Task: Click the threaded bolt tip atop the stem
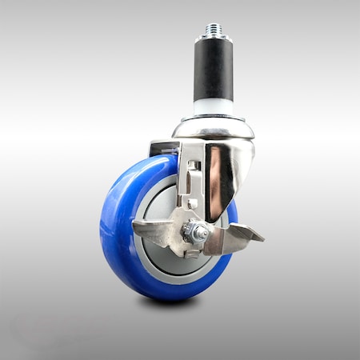[213, 30]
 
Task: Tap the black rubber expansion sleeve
[213, 72]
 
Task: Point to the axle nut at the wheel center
[196, 233]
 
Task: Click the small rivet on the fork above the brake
[192, 204]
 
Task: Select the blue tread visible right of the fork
[233, 212]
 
